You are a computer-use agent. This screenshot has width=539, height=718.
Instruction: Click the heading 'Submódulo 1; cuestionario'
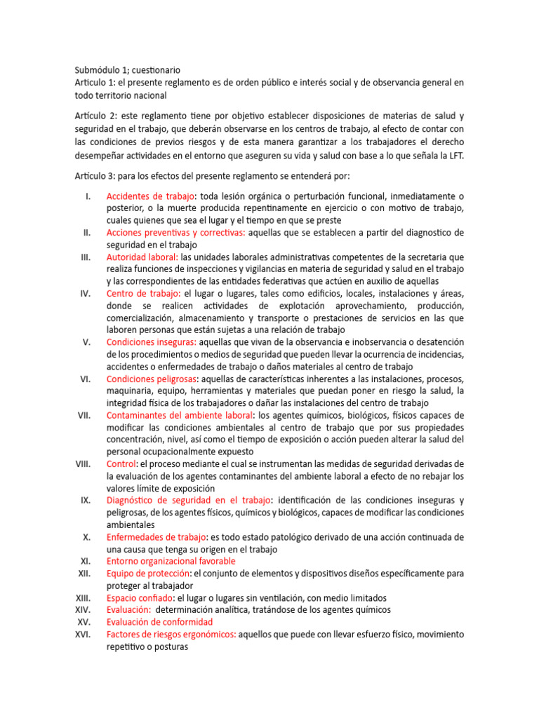tap(127, 70)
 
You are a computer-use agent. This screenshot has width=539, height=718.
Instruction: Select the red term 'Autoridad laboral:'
tap(142, 257)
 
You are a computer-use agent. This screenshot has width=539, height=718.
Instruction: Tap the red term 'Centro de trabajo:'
tap(144, 293)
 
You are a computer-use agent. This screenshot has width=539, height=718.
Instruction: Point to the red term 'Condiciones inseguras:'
tap(152, 342)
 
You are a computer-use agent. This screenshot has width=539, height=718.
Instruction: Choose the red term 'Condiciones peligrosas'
tap(149, 379)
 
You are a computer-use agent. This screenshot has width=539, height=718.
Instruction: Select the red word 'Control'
tap(121, 463)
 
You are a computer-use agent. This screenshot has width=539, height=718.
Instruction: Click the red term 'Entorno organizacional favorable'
tap(171, 561)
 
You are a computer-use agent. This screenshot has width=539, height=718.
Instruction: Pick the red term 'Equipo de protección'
tap(148, 574)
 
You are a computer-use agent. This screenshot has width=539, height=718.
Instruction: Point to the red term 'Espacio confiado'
tap(139, 597)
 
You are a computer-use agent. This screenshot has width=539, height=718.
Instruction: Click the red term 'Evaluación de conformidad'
tap(159, 622)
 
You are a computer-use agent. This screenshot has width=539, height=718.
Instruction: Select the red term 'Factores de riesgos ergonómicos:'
tap(171, 634)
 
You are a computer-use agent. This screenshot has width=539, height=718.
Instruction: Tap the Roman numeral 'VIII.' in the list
tap(84, 463)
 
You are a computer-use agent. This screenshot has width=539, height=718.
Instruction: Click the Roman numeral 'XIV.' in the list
tap(84, 610)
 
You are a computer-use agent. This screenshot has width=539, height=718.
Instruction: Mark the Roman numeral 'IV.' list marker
tap(85, 293)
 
